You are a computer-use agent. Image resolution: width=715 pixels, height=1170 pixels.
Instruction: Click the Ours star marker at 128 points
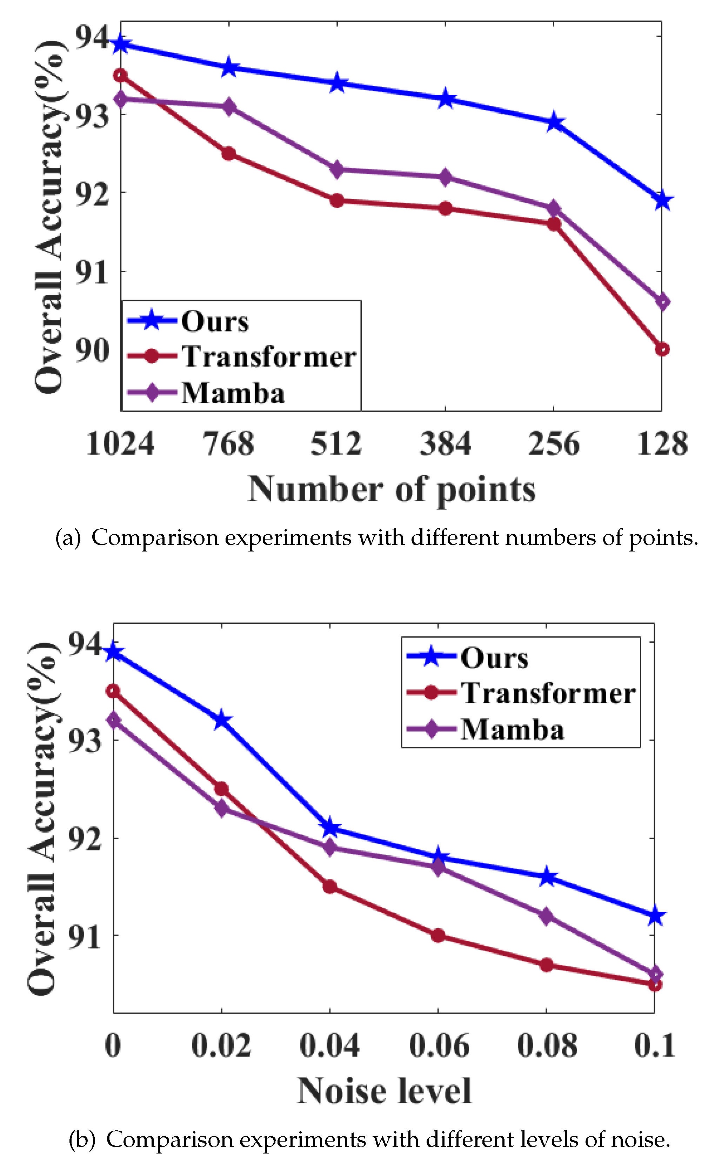click(662, 200)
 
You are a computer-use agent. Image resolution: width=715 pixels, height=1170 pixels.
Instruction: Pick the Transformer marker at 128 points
click(662, 349)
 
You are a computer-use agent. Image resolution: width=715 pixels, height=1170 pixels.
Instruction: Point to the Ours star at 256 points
click(554, 122)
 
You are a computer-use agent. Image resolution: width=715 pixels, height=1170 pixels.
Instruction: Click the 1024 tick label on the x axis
click(120, 444)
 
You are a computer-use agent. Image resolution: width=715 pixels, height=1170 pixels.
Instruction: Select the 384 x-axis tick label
click(445, 444)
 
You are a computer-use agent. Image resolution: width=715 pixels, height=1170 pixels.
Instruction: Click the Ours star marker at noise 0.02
click(221, 720)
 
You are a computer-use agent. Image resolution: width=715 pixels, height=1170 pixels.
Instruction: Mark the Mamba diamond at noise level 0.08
click(547, 916)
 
